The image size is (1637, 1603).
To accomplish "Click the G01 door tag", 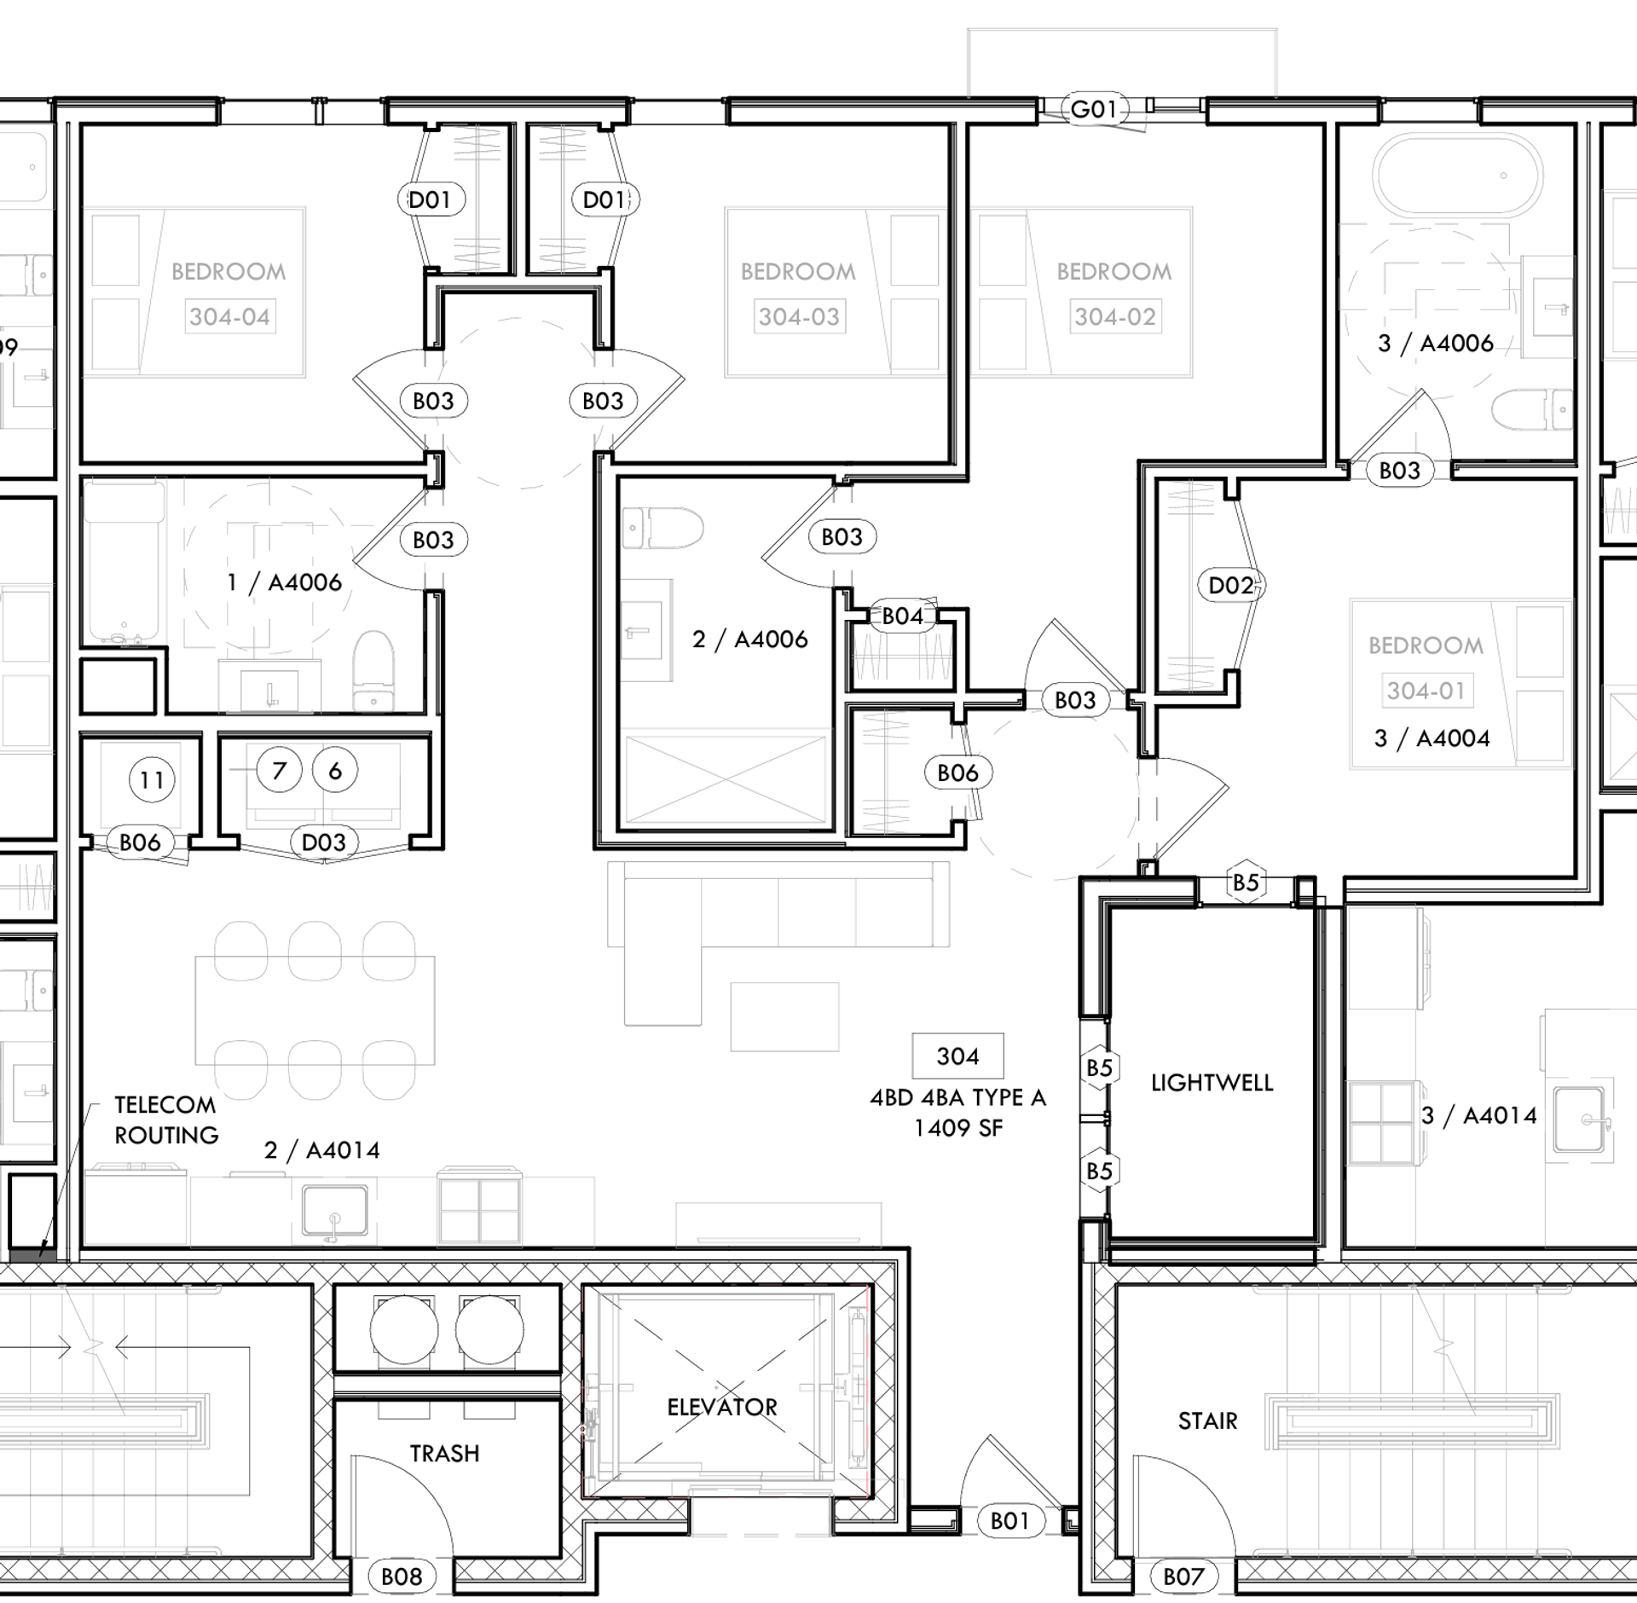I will [x=1093, y=109].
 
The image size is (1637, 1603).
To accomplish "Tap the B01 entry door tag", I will [x=1009, y=1520].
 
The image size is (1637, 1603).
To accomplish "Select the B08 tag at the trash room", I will [x=402, y=1577].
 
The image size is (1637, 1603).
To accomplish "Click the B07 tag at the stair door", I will [x=1183, y=1577].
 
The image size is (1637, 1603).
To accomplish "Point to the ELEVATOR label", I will [x=722, y=1407].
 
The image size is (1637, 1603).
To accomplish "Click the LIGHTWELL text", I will [x=1212, y=1083].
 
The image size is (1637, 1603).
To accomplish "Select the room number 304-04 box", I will [x=229, y=317].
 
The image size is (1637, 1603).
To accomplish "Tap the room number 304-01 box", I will [x=1426, y=691].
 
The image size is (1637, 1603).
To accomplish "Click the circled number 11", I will [x=152, y=779].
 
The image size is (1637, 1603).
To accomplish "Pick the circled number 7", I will [x=279, y=771].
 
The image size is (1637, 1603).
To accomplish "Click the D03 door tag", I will [x=324, y=842].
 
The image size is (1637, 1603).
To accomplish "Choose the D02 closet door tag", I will [x=1231, y=585].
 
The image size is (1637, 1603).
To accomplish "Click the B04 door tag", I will [x=902, y=616].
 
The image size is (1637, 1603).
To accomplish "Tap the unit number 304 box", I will [x=957, y=1056].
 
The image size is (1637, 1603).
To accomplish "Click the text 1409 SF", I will [x=957, y=1128].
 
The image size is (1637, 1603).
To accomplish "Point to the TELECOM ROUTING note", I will [x=166, y=1120].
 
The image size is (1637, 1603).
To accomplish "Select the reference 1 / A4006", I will [x=284, y=582].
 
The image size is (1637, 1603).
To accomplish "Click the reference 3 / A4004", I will [x=1432, y=738].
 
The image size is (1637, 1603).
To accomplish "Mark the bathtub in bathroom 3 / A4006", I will [x=1457, y=177].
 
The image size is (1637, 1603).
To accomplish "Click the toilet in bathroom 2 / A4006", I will [x=663, y=529].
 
